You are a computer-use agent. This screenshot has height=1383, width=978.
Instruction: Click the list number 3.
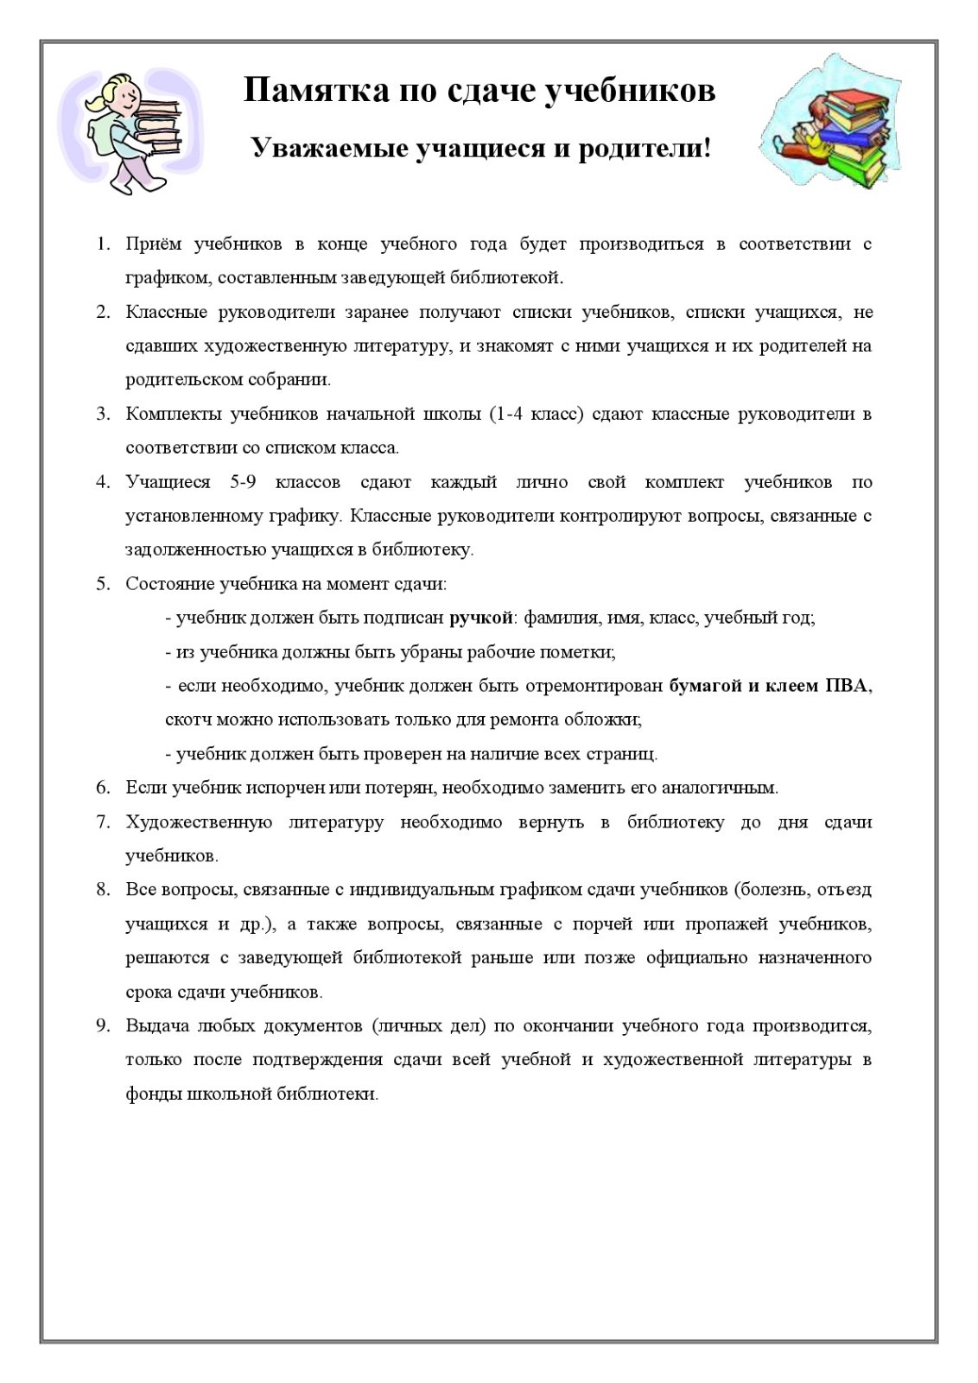103,414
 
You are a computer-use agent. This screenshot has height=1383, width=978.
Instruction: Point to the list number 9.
103,1026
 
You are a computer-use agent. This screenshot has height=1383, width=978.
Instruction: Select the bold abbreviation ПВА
848,686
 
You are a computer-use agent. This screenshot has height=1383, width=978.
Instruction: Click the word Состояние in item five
168,584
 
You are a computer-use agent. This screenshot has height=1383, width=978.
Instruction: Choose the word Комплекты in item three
171,414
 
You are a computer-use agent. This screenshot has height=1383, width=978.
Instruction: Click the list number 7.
103,822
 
